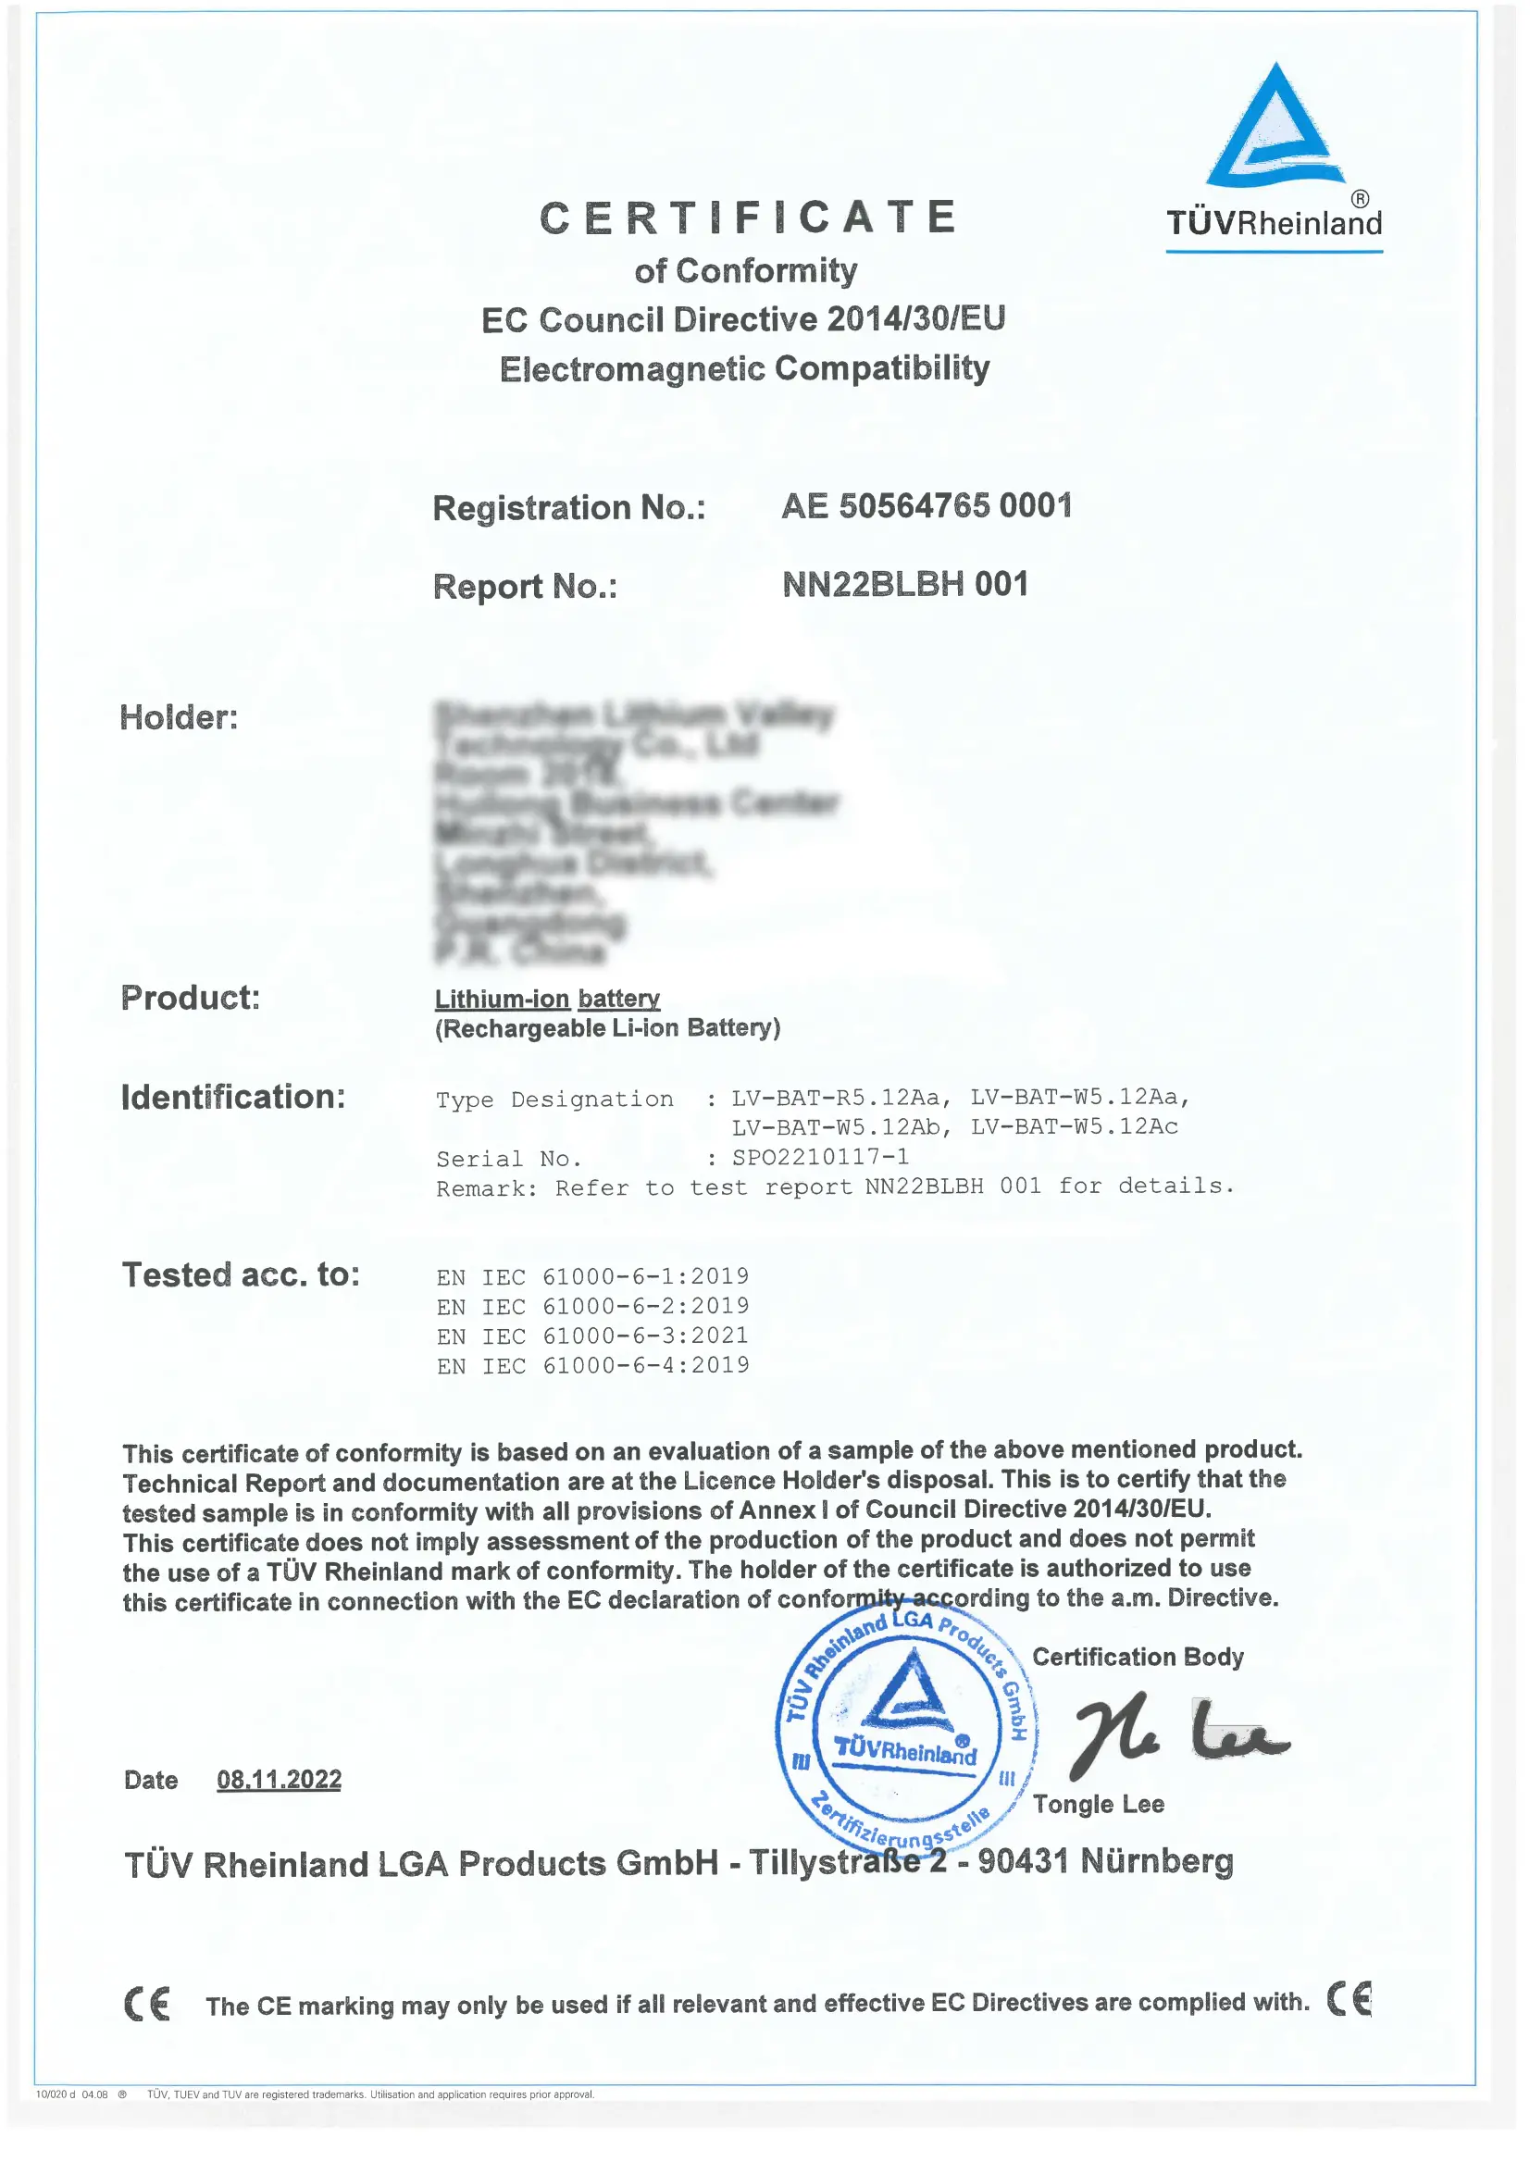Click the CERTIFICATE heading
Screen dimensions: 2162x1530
click(x=749, y=217)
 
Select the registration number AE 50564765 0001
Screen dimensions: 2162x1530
click(x=927, y=507)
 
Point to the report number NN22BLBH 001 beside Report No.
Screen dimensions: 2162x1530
click(x=904, y=585)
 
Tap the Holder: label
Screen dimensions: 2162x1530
click(x=179, y=718)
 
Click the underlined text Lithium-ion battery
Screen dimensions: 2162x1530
click(x=547, y=999)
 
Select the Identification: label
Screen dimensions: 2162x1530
click(x=233, y=1097)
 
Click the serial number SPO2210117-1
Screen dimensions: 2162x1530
click(x=821, y=1157)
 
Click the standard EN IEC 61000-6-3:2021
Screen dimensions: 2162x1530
click(x=592, y=1336)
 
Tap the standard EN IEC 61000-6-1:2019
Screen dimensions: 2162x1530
click(x=592, y=1276)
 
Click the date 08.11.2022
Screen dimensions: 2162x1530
click(x=279, y=1780)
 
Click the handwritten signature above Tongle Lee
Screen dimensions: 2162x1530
click(x=1177, y=1734)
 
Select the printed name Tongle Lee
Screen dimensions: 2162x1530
click(x=1099, y=1804)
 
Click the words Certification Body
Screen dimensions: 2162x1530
click(x=1138, y=1657)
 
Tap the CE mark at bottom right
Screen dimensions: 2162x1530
click(x=1350, y=1999)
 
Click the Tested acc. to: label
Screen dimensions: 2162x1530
click(x=242, y=1275)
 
